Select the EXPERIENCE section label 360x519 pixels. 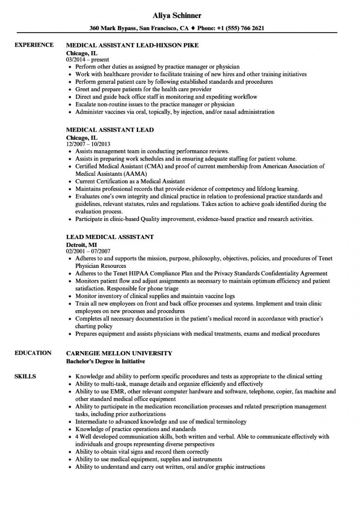click(x=34, y=45)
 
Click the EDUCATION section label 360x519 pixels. click(x=33, y=353)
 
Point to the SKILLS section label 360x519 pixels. click(x=26, y=376)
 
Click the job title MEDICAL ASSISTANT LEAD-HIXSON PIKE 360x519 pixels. click(x=132, y=46)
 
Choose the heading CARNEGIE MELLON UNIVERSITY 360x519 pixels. click(x=119, y=353)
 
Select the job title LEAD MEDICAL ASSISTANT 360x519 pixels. click(x=110, y=237)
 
